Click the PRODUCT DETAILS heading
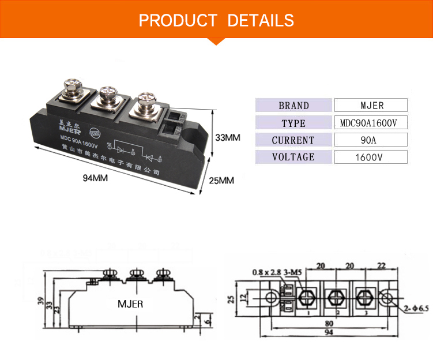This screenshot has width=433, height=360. (x=216, y=21)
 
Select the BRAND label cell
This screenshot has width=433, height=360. (x=293, y=106)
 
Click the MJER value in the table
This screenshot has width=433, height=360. (x=371, y=106)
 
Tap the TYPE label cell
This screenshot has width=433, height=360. (x=293, y=123)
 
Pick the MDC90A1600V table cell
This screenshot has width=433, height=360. (x=371, y=123)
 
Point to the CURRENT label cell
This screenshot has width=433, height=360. (x=293, y=140)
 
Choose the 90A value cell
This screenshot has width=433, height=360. (x=371, y=140)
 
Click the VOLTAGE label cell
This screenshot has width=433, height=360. (x=293, y=157)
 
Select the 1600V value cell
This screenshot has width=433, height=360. (x=371, y=157)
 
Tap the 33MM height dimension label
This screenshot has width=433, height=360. (x=227, y=138)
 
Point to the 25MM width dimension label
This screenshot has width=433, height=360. (x=221, y=181)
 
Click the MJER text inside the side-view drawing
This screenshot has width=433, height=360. (x=130, y=303)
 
